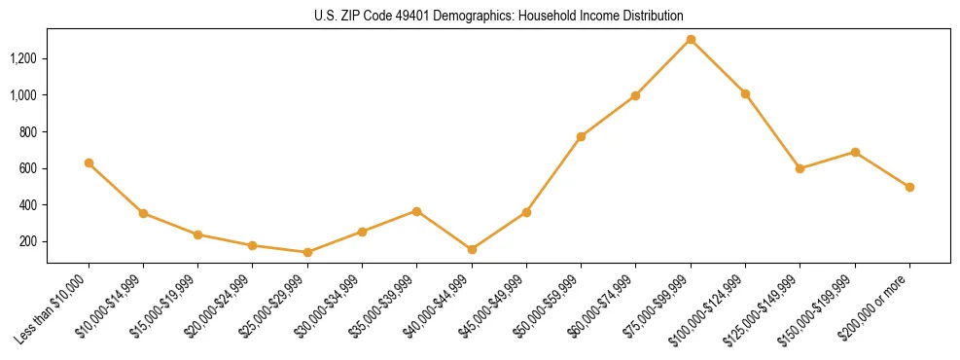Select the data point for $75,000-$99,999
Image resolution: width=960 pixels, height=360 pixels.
click(x=691, y=39)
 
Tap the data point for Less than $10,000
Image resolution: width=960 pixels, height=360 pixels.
click(x=89, y=162)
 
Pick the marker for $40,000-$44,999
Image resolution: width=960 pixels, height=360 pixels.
click(x=472, y=249)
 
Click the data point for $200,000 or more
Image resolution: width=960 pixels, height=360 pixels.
click(x=909, y=187)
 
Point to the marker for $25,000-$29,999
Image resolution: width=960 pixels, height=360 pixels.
click(x=307, y=252)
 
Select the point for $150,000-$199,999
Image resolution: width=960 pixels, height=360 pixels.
click(x=855, y=152)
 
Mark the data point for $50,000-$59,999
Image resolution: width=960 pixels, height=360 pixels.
click(x=581, y=136)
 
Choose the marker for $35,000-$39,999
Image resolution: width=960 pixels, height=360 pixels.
click(x=416, y=210)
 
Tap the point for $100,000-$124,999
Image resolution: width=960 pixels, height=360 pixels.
click(x=745, y=93)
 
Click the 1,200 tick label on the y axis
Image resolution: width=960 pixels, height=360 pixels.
click(x=22, y=58)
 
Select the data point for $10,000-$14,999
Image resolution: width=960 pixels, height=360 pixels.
click(x=143, y=213)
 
